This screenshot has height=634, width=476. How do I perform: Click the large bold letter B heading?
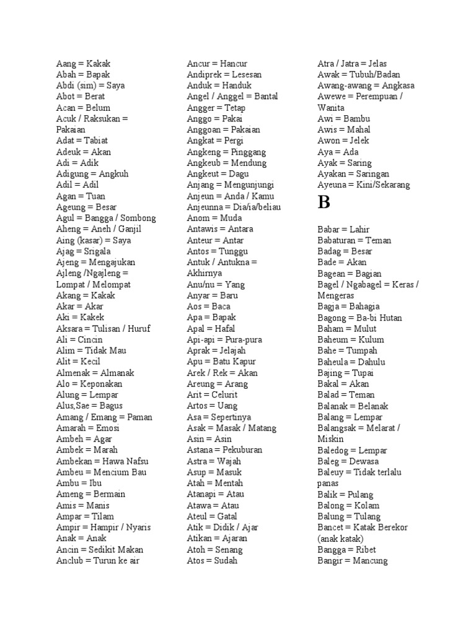coord(324,203)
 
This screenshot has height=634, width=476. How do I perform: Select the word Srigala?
coord(95,251)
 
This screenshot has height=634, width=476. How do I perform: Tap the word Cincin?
coord(90,340)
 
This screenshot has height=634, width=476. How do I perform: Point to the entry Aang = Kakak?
coord(83,63)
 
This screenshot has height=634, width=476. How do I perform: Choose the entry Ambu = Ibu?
coord(79,483)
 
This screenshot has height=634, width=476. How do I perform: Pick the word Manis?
coord(98,505)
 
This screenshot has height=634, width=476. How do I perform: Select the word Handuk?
coord(237,85)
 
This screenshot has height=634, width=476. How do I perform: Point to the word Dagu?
coord(239,174)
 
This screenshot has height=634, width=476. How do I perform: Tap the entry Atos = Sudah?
coord(212,561)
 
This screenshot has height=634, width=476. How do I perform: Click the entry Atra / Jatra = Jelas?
coord(352,63)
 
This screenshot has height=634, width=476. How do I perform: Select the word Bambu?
coord(356,119)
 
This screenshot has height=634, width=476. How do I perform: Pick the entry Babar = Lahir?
coord(343,230)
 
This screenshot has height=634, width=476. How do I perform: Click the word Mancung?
coord(370,561)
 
